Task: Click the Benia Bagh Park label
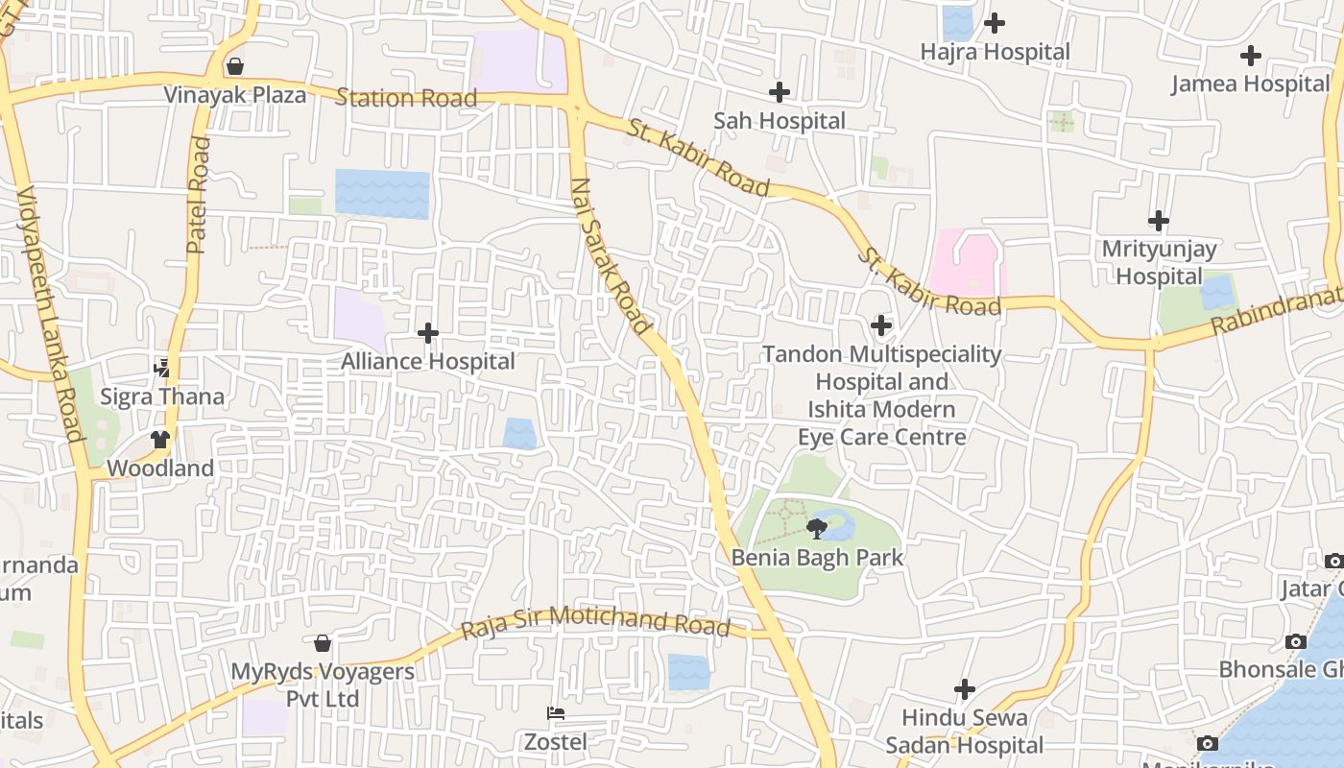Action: pyautogui.click(x=818, y=557)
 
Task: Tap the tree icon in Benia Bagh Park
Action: pyautogui.click(x=817, y=528)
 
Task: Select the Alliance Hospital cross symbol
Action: pyautogui.click(x=428, y=333)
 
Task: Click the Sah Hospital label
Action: pyautogui.click(x=780, y=121)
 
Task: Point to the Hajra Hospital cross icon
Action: pyautogui.click(x=995, y=22)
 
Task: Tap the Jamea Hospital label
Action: pyautogui.click(x=1250, y=84)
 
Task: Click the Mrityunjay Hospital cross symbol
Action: pyautogui.click(x=1159, y=221)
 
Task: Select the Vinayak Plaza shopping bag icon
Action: pyautogui.click(x=235, y=66)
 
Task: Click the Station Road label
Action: pyautogui.click(x=406, y=98)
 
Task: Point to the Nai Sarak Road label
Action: pyautogui.click(x=611, y=256)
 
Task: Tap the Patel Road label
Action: pyautogui.click(x=199, y=195)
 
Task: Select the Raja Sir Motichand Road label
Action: pyautogui.click(x=595, y=621)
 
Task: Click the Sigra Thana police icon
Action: pyautogui.click(x=162, y=368)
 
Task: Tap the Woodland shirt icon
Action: pyautogui.click(x=160, y=440)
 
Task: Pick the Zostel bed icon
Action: pyautogui.click(x=555, y=713)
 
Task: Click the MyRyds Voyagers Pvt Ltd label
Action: pyautogui.click(x=323, y=684)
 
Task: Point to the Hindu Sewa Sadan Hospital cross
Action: pyautogui.click(x=964, y=689)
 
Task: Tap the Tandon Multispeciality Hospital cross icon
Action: pyautogui.click(x=881, y=325)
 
